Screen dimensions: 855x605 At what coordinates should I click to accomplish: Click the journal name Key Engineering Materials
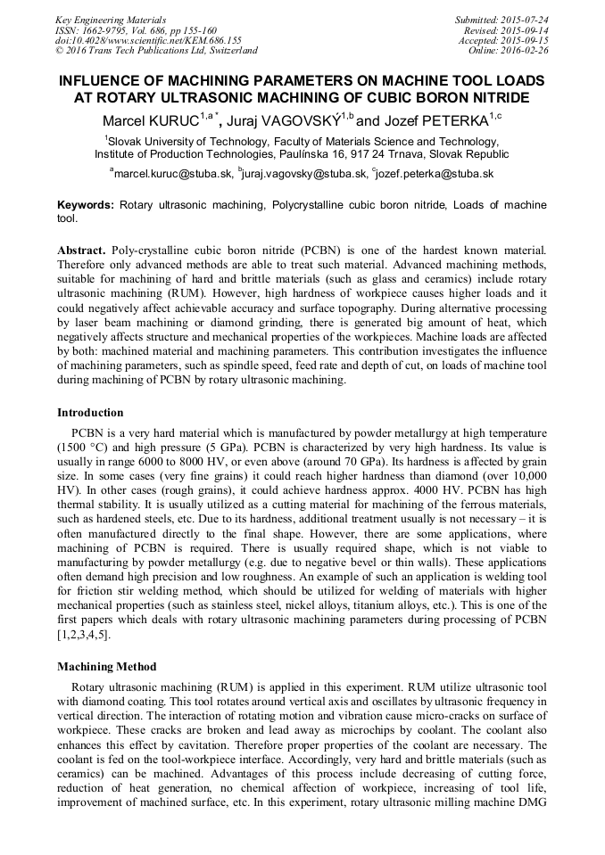111,20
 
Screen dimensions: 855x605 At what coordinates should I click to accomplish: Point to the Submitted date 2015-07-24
501,20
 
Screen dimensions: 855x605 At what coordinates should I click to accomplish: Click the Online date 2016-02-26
508,51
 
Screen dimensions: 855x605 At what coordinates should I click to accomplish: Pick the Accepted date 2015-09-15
504,40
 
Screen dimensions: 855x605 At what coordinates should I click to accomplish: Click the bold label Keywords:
86,205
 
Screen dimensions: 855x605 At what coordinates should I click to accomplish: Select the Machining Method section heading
106,666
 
